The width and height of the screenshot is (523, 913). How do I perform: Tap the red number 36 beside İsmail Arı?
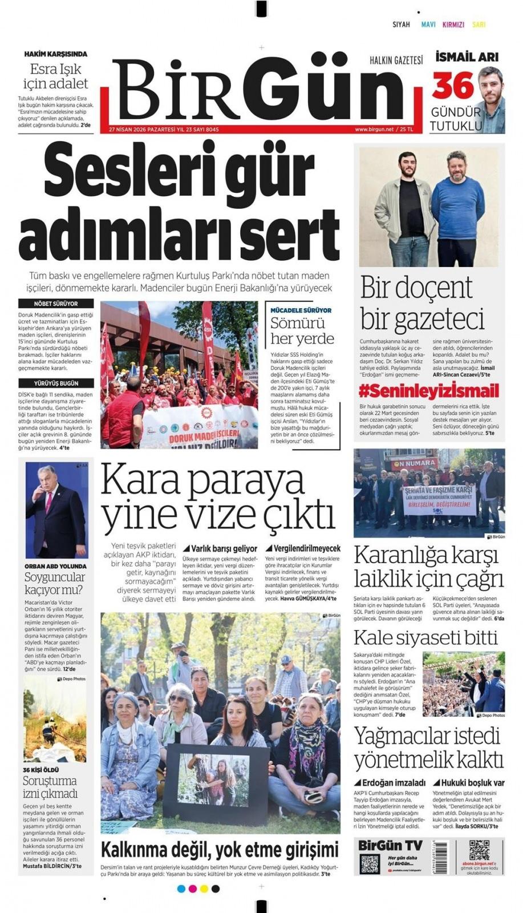pyautogui.click(x=453, y=86)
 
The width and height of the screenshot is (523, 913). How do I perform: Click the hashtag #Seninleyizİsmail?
pyautogui.click(x=428, y=391)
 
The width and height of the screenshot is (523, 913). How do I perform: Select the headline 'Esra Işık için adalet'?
pyautogui.click(x=55, y=76)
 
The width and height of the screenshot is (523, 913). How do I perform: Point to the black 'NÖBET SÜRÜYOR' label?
pyautogui.click(x=55, y=304)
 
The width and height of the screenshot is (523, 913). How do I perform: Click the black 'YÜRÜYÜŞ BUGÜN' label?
pyautogui.click(x=55, y=383)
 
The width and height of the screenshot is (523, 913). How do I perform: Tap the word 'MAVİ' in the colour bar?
pyautogui.click(x=428, y=25)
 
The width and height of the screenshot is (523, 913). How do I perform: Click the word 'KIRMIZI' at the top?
pyautogui.click(x=453, y=25)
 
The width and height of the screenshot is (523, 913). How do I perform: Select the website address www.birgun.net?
pyautogui.click(x=374, y=130)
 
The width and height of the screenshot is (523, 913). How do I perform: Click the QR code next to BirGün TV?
pyautogui.click(x=370, y=864)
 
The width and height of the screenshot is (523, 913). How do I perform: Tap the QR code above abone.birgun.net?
pyautogui.click(x=479, y=850)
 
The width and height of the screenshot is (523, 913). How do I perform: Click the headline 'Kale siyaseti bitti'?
pyautogui.click(x=425, y=637)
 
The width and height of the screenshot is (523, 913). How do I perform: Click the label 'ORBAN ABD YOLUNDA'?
pyautogui.click(x=55, y=566)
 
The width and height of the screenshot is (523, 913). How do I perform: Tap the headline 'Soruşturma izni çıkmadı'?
pyautogui.click(x=50, y=787)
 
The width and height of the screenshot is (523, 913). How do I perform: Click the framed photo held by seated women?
pyautogui.click(x=216, y=779)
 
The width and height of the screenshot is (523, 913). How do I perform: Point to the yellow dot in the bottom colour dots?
pyautogui.click(x=204, y=888)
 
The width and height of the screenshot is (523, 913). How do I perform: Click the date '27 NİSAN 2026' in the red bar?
pyautogui.click(x=128, y=130)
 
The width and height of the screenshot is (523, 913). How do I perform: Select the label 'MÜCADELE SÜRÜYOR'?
pyautogui.click(x=301, y=310)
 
